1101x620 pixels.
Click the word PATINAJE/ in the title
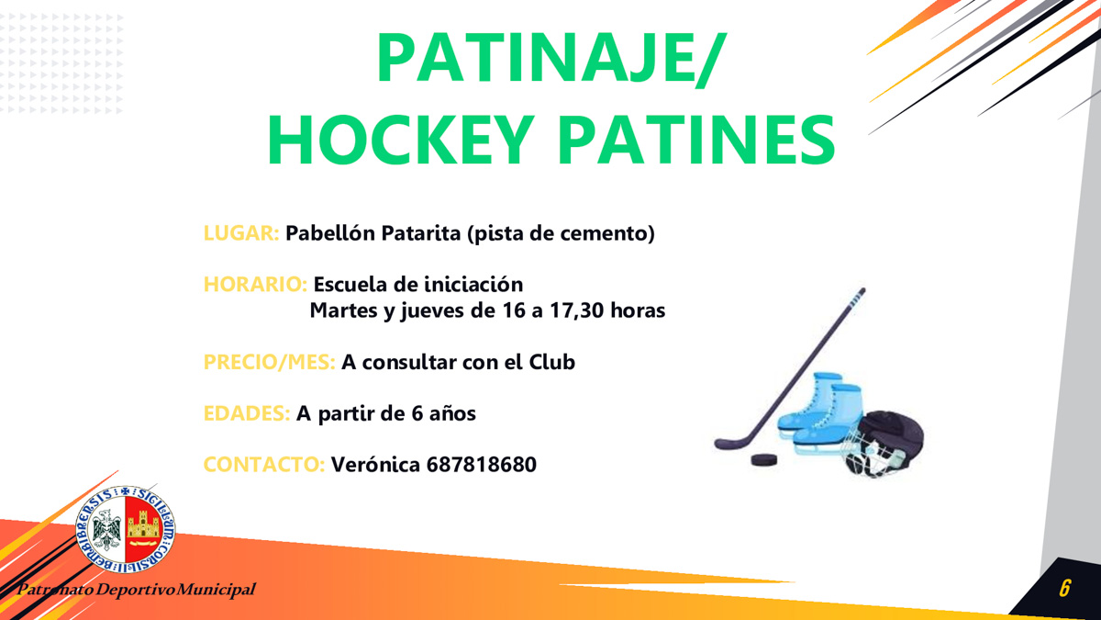pos(550,58)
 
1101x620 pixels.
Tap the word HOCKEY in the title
pos(401,141)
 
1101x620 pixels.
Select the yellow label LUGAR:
pos(241,233)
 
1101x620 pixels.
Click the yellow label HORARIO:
pos(256,285)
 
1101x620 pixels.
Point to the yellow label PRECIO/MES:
pos(270,362)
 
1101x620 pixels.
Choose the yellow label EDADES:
pos(247,413)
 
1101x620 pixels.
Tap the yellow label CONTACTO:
pos(264,465)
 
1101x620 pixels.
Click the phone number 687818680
pos(481,465)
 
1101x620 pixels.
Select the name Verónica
pos(375,464)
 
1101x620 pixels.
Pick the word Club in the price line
pos(552,362)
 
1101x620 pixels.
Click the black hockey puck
pos(763,460)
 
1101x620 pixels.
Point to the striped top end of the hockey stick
pos(858,298)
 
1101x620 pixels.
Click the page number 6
pos(1064,588)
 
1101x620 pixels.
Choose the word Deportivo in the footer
pos(136,590)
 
